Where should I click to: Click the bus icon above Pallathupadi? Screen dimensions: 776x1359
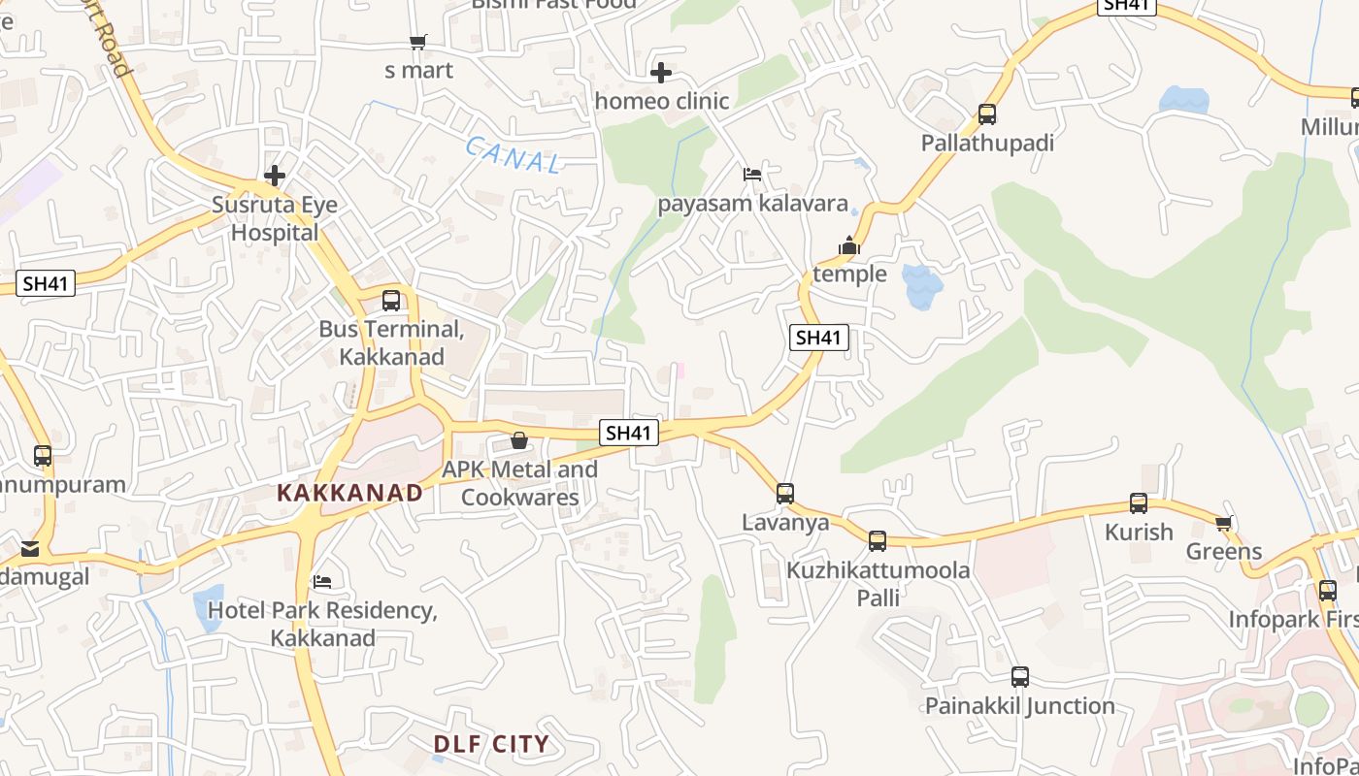click(x=987, y=114)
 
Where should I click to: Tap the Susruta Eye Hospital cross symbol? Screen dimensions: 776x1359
click(x=275, y=176)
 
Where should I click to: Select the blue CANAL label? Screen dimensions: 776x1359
click(x=513, y=155)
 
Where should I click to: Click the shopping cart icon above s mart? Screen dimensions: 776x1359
click(x=417, y=43)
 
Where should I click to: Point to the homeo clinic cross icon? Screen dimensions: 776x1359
click(x=661, y=73)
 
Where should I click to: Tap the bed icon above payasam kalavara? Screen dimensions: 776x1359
click(x=752, y=175)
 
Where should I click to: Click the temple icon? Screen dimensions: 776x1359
click(x=849, y=246)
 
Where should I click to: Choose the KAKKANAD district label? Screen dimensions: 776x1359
click(x=350, y=493)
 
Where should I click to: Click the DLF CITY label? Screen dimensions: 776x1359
click(x=491, y=744)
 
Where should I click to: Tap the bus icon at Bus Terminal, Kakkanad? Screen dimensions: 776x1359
click(x=391, y=301)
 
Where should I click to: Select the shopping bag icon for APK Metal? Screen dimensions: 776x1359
click(x=519, y=441)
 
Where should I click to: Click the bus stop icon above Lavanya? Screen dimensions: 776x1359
click(x=785, y=494)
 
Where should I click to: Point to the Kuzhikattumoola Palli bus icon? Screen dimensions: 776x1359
click(x=878, y=541)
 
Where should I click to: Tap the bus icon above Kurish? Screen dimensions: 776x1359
click(x=1139, y=503)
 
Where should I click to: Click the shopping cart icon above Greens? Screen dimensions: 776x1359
click(x=1223, y=524)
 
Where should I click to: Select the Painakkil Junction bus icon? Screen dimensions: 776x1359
click(x=1020, y=677)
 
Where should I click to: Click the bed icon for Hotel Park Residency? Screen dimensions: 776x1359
click(x=322, y=582)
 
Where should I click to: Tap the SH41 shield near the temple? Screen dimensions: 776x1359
click(x=818, y=338)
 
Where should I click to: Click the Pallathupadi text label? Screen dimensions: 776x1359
click(x=987, y=144)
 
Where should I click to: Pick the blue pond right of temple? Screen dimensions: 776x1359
click(x=921, y=285)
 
